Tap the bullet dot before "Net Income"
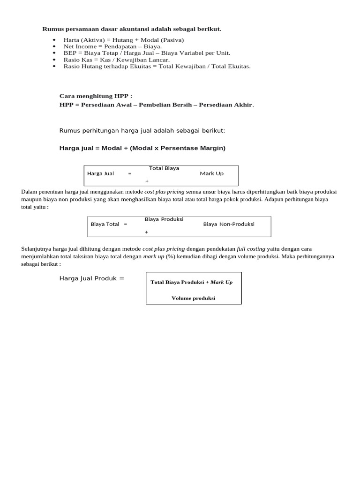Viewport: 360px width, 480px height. [x=54, y=47]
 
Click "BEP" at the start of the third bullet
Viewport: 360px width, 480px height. [x=70, y=53]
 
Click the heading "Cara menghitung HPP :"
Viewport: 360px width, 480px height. [x=96, y=96]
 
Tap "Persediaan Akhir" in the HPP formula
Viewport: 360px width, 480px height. [x=226, y=105]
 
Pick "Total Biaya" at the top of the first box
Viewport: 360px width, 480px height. [x=164, y=168]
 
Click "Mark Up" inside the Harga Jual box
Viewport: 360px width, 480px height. [x=212, y=173]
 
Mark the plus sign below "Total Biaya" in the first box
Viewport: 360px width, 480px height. [x=147, y=181]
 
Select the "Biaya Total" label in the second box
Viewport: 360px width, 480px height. [x=105, y=224]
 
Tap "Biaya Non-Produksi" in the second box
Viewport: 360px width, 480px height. [x=229, y=224]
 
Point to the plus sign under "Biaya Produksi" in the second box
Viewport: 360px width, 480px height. [x=147, y=232]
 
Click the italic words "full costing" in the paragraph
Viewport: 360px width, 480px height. [x=251, y=249]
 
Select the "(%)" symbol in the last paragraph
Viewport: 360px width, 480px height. [x=170, y=257]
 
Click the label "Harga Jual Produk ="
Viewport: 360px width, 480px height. [x=92, y=278]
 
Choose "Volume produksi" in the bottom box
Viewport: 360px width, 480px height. [x=194, y=298]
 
